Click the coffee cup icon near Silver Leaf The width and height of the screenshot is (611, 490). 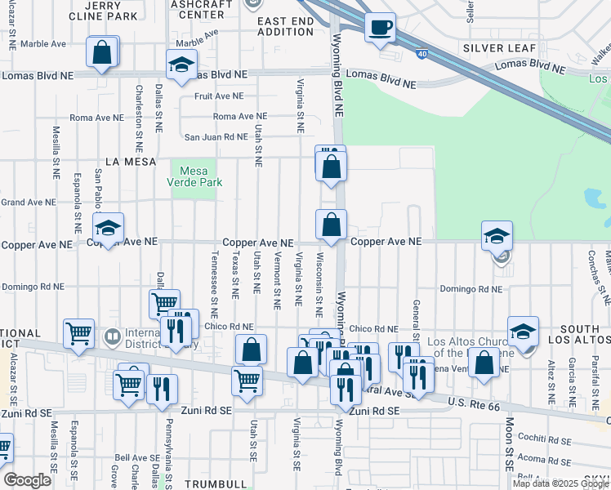tap(380, 29)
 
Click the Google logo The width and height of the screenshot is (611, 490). tap(27, 480)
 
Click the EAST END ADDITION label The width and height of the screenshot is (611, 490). tap(285, 25)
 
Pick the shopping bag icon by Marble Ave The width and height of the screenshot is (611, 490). tap(102, 54)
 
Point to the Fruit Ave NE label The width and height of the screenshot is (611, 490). tap(215, 96)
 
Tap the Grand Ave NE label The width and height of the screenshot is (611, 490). tap(28, 202)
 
